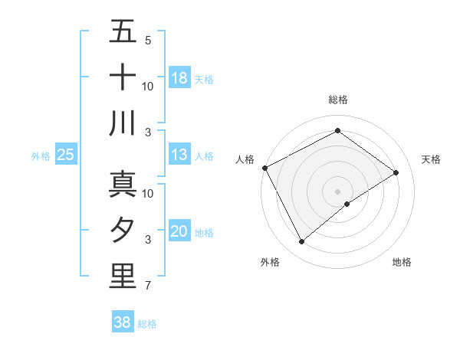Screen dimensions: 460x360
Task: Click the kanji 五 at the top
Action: point(123,32)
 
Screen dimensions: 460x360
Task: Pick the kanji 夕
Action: point(123,231)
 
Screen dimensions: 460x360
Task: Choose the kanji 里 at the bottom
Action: point(123,276)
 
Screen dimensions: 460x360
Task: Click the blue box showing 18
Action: point(179,78)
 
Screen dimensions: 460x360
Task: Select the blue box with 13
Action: point(179,155)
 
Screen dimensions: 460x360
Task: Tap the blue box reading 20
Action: point(179,232)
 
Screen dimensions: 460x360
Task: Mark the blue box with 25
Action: point(65,155)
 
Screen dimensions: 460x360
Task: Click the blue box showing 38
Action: point(123,322)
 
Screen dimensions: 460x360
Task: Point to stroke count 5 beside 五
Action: point(147,40)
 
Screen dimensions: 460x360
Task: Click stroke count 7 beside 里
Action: point(147,286)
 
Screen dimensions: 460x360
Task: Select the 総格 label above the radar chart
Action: point(337,100)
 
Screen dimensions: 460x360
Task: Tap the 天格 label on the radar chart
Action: point(431,159)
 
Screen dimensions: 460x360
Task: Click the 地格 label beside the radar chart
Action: point(402,262)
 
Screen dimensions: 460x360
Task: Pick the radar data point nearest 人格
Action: point(264,168)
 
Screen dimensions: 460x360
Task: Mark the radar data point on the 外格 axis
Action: point(301,242)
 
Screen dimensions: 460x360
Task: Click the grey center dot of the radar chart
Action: point(337,191)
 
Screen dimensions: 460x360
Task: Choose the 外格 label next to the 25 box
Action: point(41,156)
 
